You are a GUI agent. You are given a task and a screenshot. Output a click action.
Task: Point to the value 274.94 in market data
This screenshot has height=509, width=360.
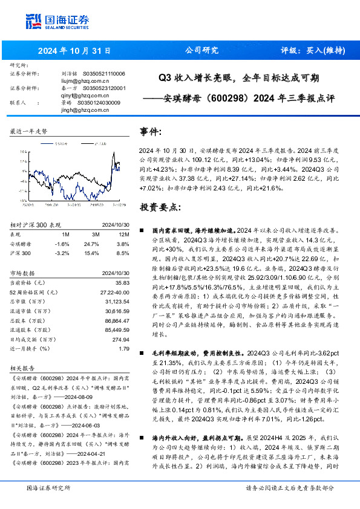point(121,340)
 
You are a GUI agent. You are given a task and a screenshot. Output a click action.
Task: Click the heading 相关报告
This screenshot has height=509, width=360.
point(22,367)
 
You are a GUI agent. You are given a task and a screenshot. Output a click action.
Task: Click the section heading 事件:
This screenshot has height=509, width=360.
point(151,132)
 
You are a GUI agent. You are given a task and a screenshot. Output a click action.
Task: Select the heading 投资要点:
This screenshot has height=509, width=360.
point(160,207)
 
